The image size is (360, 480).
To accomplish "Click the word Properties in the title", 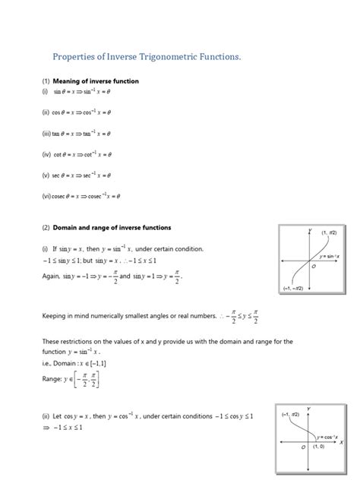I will (78, 56).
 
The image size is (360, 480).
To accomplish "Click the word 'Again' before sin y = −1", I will (52, 276).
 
